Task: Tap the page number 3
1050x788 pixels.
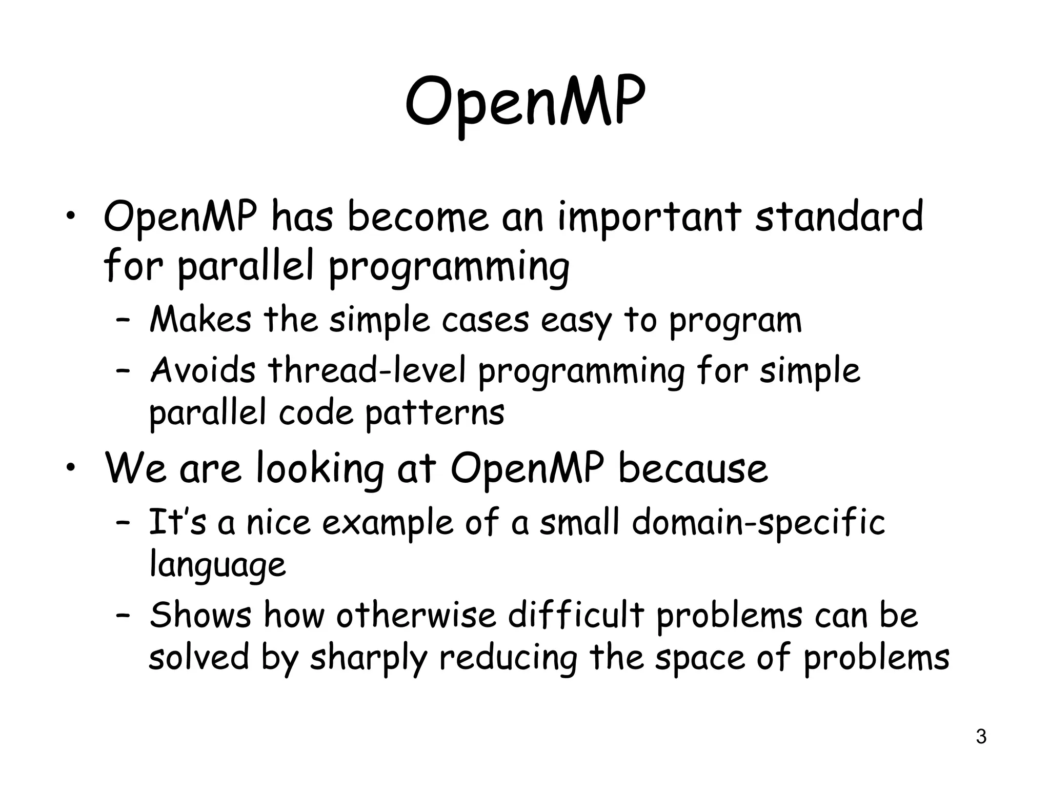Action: click(x=981, y=737)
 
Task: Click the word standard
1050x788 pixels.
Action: click(x=839, y=216)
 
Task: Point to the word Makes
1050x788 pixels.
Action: click(x=200, y=320)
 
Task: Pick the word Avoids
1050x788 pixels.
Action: click(x=203, y=370)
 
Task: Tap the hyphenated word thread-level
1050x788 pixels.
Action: click(x=367, y=370)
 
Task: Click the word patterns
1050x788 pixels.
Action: click(x=435, y=412)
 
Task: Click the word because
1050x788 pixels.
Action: click(x=693, y=468)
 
